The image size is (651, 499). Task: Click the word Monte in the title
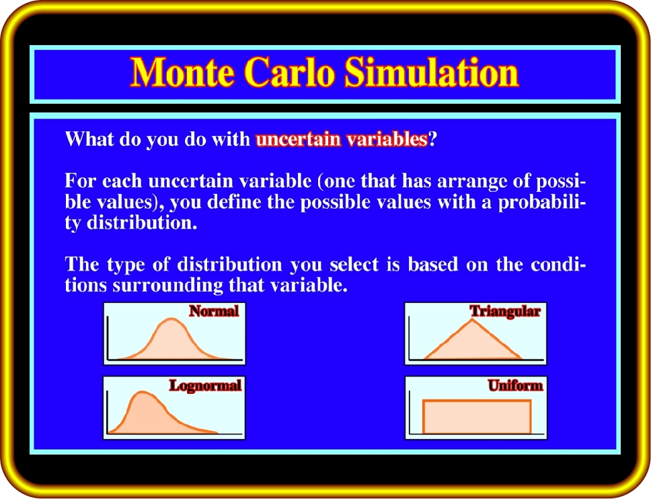tap(182, 72)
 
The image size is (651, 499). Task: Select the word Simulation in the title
tap(432, 72)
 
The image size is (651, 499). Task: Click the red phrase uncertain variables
tap(342, 139)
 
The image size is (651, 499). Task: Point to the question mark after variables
tap(432, 139)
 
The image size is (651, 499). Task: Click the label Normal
tap(214, 311)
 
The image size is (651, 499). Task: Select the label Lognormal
tap(205, 385)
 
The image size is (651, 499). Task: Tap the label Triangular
tap(505, 312)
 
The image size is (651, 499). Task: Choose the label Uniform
tap(515, 385)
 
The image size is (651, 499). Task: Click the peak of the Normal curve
tap(171, 319)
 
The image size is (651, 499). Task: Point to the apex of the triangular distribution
tap(472, 319)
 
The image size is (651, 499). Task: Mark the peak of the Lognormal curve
tap(143, 392)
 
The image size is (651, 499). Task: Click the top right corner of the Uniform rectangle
tap(531, 401)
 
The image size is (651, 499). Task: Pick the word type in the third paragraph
tap(126, 265)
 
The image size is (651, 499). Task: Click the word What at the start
tap(89, 139)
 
